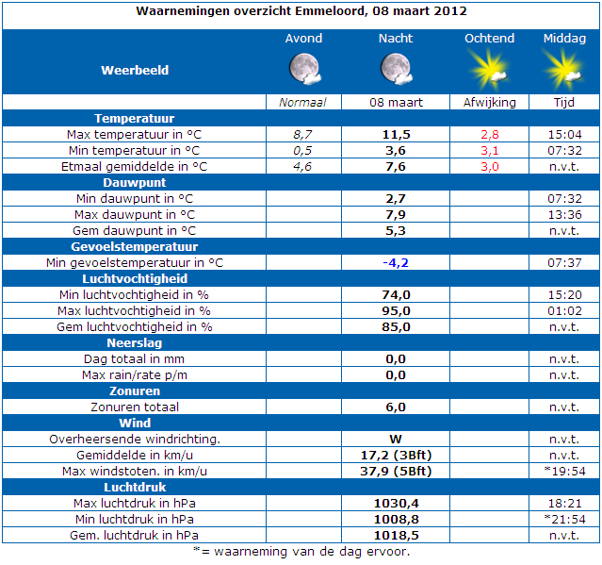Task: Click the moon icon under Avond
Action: pos(305,69)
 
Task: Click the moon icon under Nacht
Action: pos(397,69)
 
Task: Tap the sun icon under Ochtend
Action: pos(489,70)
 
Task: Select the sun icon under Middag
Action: pos(563,70)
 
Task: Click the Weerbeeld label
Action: pos(135,71)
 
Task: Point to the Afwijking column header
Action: pos(490,102)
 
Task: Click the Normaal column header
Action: pos(302,102)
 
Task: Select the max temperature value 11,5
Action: pos(397,135)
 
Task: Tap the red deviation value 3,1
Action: pos(490,151)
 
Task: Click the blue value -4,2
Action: pos(396,263)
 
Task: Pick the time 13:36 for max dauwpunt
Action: pos(564,215)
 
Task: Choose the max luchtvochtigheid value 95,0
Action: pos(397,311)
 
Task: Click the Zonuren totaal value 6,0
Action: pos(396,407)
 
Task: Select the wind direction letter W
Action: pos(396,439)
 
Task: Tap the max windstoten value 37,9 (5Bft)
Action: pos(396,472)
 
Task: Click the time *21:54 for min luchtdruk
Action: pos(564,520)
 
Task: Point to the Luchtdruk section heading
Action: pos(135,488)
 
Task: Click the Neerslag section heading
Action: pos(135,342)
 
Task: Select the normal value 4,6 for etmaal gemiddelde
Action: pos(302,167)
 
